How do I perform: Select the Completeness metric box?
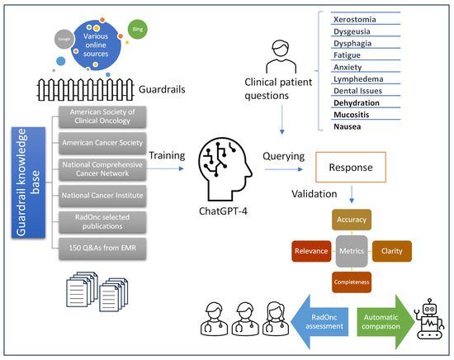point(352,281)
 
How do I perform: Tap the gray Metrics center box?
point(352,251)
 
